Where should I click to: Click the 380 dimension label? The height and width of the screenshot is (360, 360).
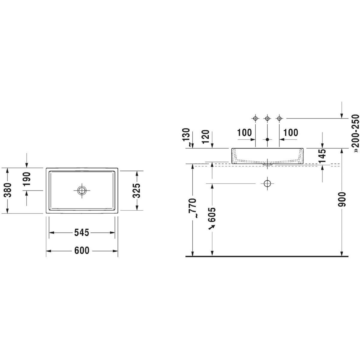click(8, 190)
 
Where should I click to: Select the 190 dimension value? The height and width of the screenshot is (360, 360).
click(26, 179)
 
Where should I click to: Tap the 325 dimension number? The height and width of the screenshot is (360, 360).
click(136, 190)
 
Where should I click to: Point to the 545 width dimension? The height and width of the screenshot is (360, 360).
click(82, 232)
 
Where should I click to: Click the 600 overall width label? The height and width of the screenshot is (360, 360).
click(82, 250)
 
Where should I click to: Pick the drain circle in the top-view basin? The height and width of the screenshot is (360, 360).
click(82, 190)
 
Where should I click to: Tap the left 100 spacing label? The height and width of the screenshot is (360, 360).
click(244, 133)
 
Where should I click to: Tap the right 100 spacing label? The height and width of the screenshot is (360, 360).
click(291, 133)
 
